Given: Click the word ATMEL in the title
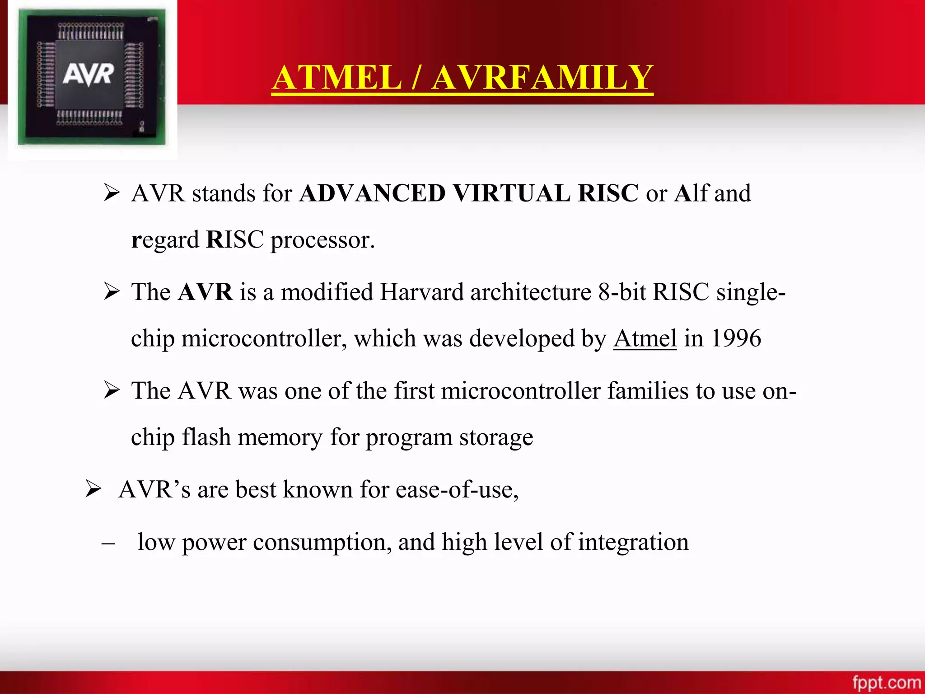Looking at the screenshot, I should [337, 78].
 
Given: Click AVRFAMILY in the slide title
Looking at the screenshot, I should [542, 78].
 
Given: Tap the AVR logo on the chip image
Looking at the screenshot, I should [89, 75].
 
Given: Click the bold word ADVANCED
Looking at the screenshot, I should [373, 193].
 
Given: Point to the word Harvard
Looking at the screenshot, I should [421, 292].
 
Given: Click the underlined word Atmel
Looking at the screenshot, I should [645, 338].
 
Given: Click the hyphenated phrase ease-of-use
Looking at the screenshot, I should [457, 490].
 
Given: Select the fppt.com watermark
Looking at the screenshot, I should [886, 682].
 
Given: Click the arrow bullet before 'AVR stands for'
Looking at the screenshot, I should [111, 193].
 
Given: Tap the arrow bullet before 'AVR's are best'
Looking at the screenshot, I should [93, 489].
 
